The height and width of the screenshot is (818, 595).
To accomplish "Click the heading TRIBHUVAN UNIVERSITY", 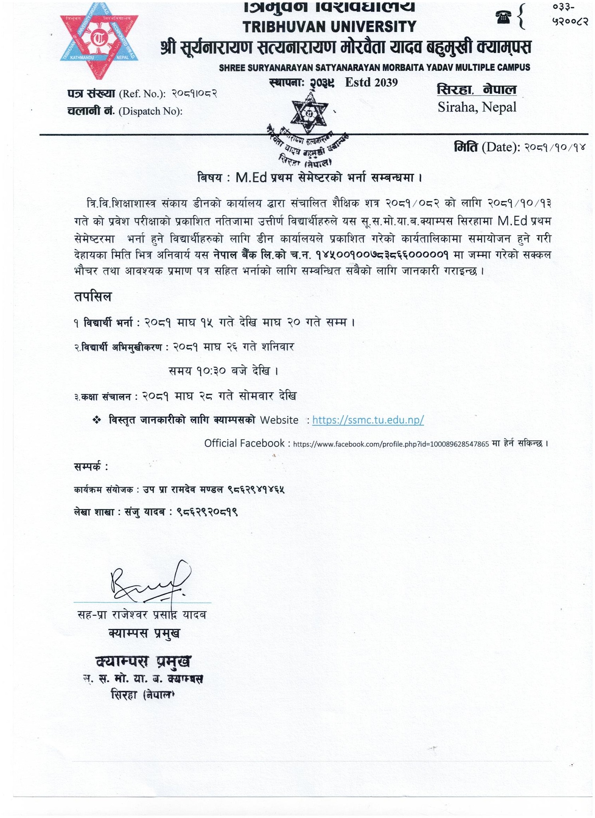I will click(x=330, y=27).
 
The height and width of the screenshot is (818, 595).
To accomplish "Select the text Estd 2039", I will click(x=371, y=82).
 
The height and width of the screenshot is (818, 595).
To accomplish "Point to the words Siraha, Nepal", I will click(x=477, y=107).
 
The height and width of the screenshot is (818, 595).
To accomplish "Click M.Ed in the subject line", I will click(x=251, y=177).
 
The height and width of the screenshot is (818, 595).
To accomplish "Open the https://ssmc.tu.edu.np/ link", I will click(x=368, y=420).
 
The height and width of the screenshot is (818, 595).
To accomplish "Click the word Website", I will click(x=279, y=420).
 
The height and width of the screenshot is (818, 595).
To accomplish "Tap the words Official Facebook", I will click(x=244, y=443).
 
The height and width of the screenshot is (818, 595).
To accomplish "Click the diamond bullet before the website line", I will click(x=96, y=420).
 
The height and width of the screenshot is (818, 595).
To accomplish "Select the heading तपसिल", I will click(x=93, y=297).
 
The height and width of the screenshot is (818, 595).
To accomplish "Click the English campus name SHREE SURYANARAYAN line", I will click(x=374, y=68).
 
